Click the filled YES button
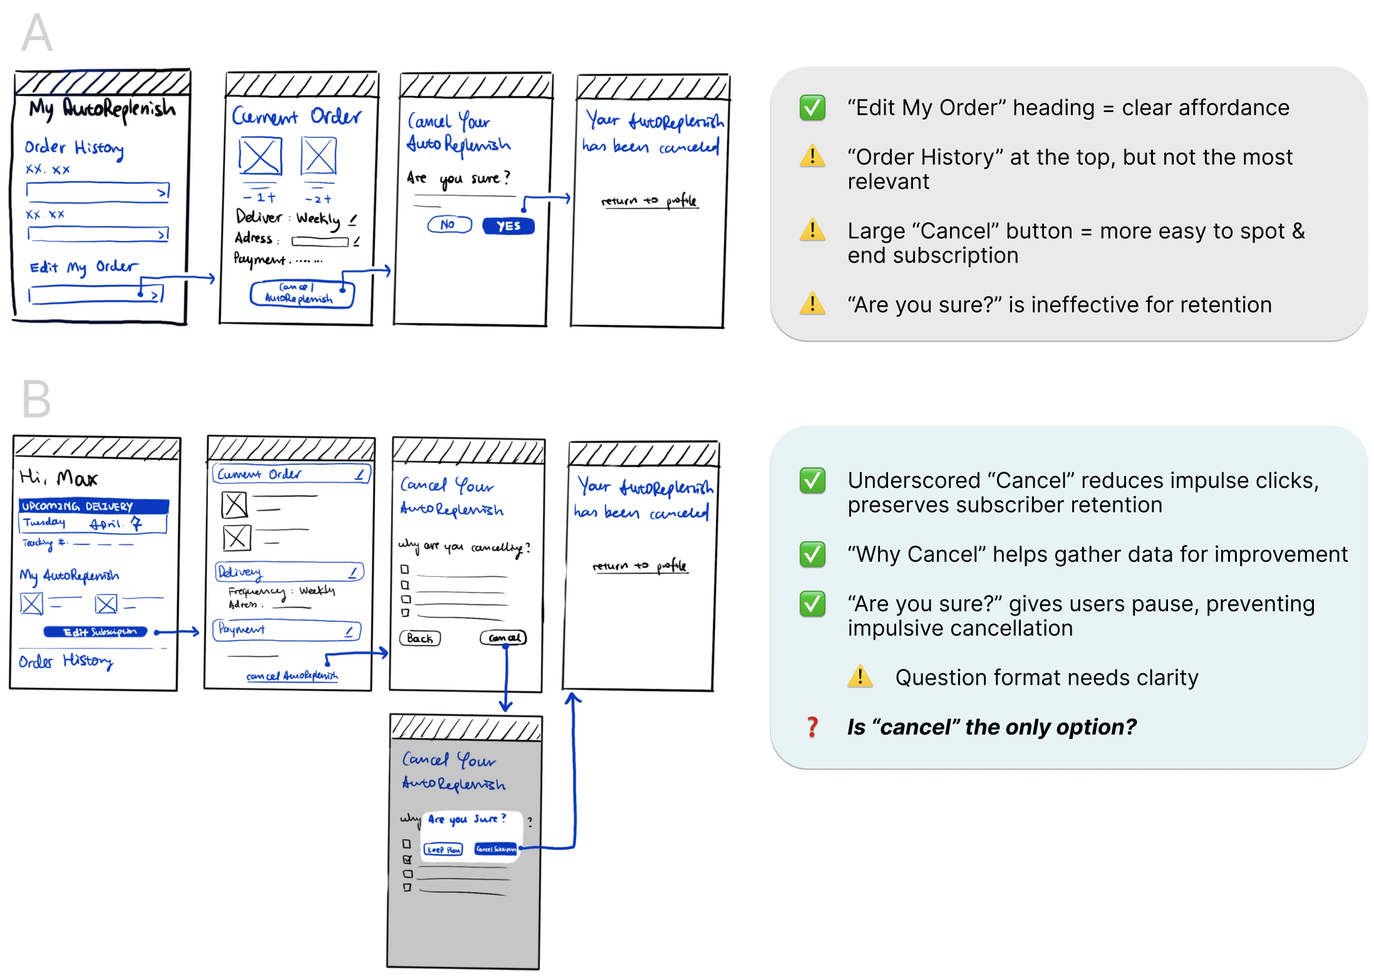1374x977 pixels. point(508,226)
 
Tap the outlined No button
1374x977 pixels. point(449,224)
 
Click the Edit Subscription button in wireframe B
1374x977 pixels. point(95,631)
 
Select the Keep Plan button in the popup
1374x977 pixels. point(443,849)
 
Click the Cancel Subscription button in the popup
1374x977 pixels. point(495,849)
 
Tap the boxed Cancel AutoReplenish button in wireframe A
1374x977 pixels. point(301,293)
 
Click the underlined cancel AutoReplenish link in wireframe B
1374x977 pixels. point(292,676)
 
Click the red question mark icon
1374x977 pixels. point(812,726)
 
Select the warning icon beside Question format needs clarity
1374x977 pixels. point(860,676)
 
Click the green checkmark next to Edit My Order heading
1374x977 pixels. point(812,108)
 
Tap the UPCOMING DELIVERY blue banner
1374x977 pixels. point(94,505)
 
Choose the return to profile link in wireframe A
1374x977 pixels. point(649,200)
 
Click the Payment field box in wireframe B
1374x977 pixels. point(287,629)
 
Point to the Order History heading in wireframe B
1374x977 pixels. point(65,661)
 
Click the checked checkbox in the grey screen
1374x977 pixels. point(407,859)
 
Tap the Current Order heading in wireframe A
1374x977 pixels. point(296,116)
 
